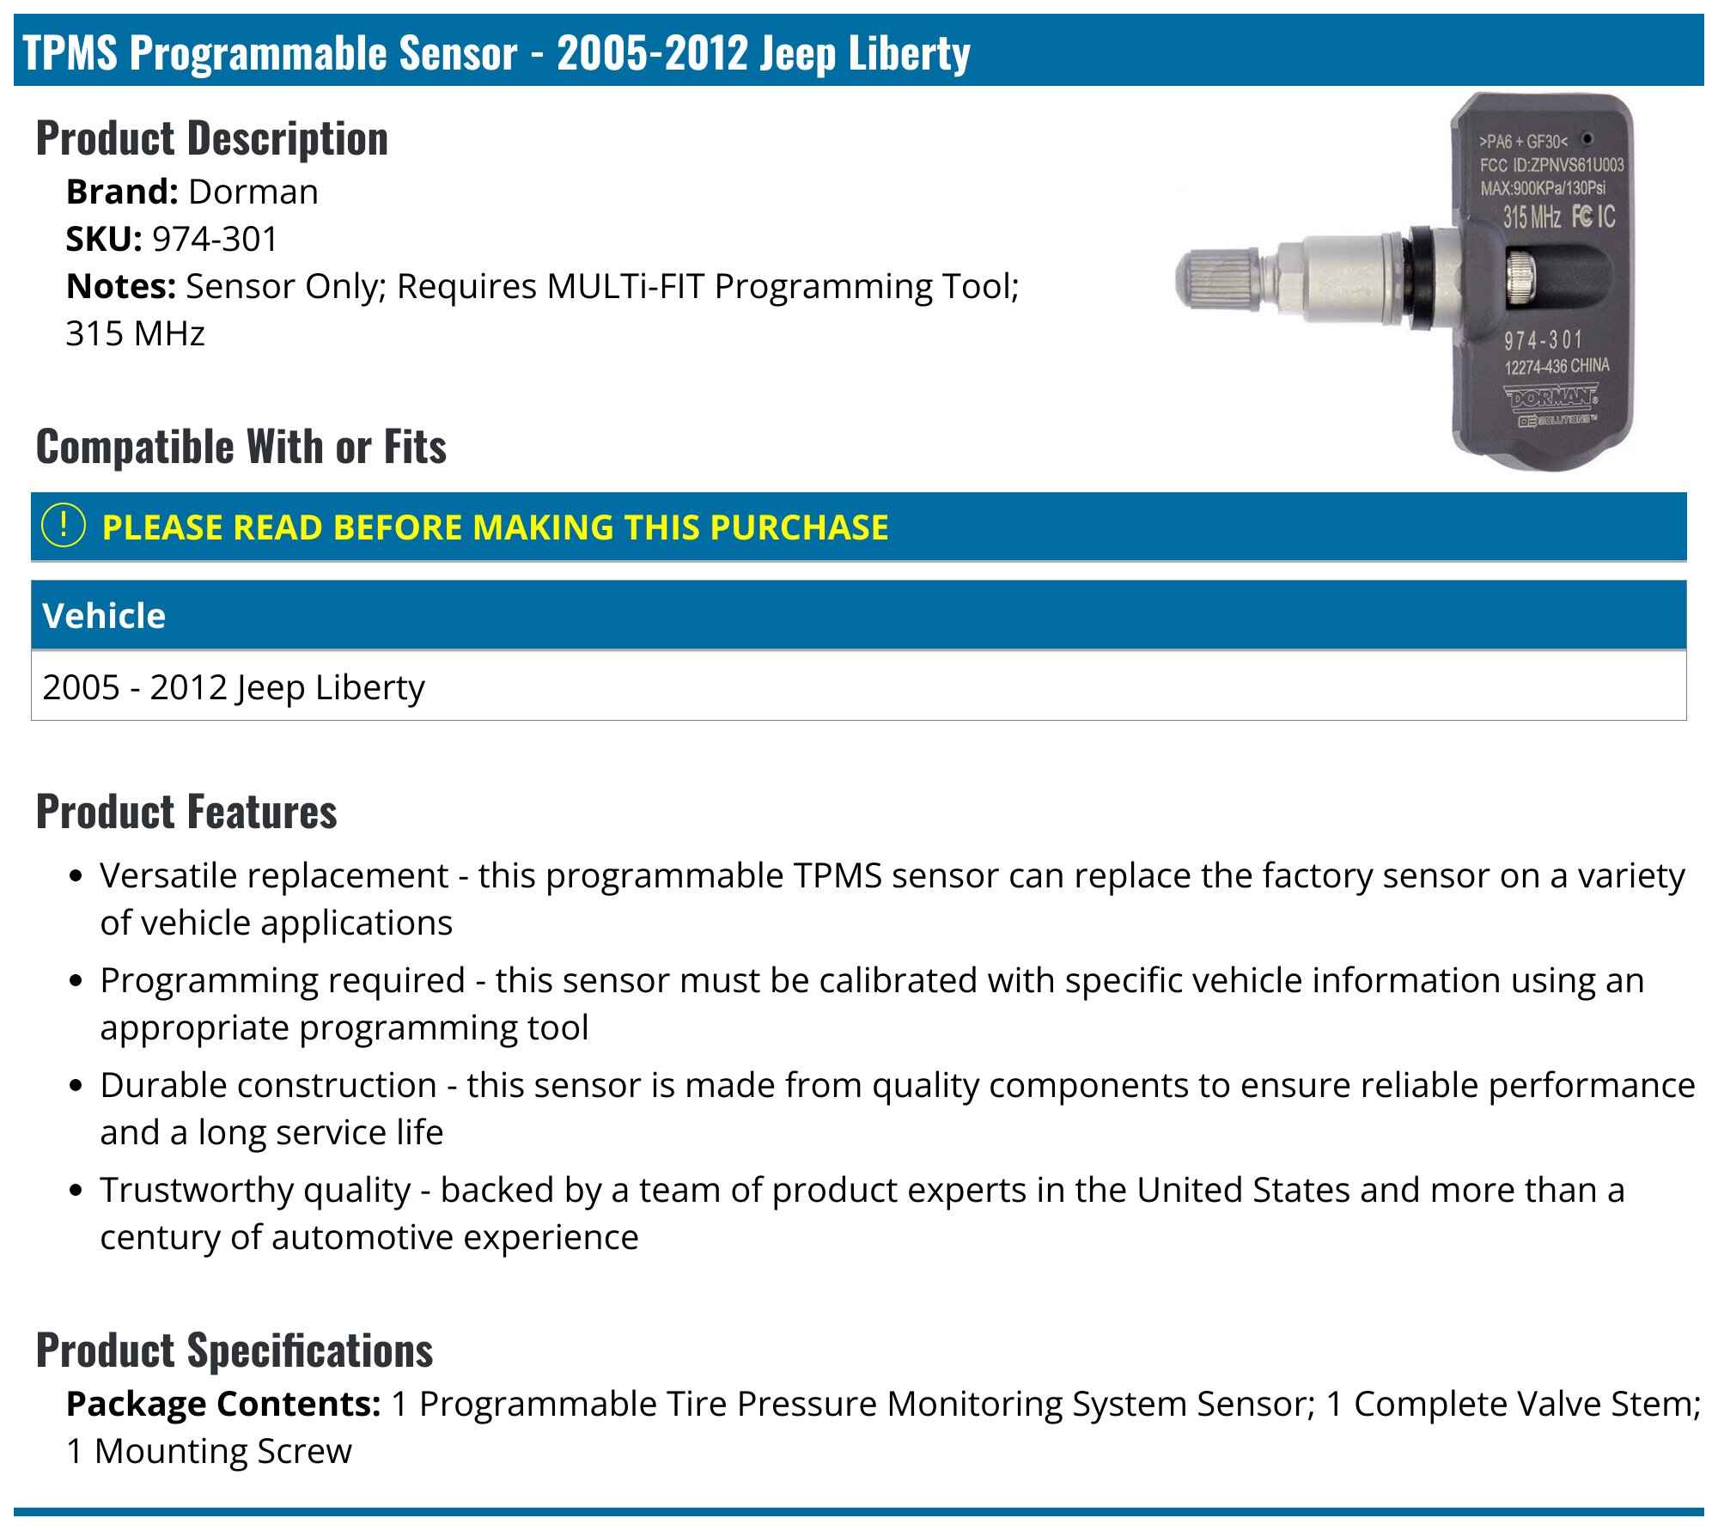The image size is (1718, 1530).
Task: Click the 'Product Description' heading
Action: click(211, 139)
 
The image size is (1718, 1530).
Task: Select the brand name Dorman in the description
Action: click(253, 192)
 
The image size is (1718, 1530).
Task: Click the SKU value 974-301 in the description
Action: click(215, 240)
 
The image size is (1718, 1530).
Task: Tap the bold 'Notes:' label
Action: click(121, 287)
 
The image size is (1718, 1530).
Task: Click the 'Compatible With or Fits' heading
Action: click(241, 448)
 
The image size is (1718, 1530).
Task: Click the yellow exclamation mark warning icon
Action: click(64, 526)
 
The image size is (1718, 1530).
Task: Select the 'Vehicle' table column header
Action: click(104, 616)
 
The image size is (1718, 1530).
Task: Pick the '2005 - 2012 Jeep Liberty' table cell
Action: click(233, 687)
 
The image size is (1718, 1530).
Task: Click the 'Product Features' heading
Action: click(186, 813)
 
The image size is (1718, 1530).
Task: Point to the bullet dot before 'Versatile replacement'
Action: click(76, 876)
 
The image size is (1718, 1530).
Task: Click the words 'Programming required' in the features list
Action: click(282, 980)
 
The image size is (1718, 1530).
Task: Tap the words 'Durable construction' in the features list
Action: click(268, 1085)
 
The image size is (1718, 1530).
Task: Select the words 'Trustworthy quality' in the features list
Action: click(255, 1190)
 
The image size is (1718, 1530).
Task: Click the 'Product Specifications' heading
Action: click(234, 1350)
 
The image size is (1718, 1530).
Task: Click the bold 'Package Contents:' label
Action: click(223, 1404)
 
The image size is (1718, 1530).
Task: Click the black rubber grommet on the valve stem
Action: click(1419, 277)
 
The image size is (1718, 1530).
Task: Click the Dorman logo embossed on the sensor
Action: click(1550, 398)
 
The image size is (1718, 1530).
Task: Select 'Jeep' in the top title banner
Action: click(797, 53)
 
